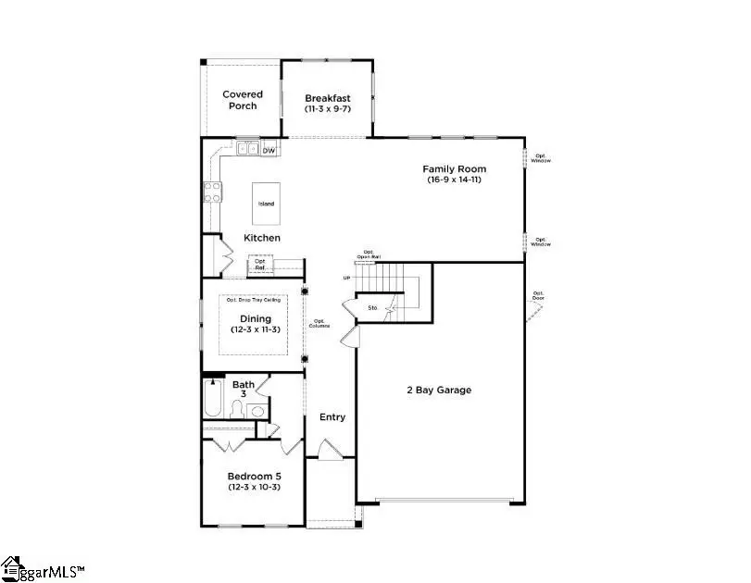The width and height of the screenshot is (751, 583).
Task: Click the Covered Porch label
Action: coord(242,100)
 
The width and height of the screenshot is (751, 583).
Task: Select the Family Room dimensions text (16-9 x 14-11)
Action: coord(454,180)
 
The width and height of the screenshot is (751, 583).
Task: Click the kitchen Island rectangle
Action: coord(266,203)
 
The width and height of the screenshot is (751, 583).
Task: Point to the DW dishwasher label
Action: coord(269,150)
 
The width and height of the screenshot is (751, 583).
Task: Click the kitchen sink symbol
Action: coord(247,149)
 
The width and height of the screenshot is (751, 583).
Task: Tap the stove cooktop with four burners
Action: coord(212,192)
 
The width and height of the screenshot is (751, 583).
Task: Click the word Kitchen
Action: coord(262,238)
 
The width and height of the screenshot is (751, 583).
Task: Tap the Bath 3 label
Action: coord(244,390)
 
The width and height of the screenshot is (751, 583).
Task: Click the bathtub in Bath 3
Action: coord(212,405)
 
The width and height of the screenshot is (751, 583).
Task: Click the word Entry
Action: coord(332,417)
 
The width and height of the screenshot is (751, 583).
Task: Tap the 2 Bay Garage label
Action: coord(439,391)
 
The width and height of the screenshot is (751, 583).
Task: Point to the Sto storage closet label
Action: coord(372,307)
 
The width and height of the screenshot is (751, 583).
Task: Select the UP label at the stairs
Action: coord(347,278)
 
